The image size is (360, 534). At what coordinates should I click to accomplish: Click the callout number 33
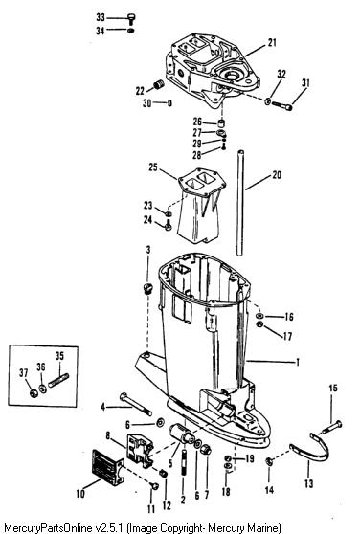[101, 17]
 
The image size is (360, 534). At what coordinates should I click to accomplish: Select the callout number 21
[272, 43]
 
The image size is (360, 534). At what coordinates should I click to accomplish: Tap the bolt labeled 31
[282, 105]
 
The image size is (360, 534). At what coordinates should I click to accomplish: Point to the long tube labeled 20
[240, 202]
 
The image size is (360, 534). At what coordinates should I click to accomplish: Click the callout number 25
[153, 167]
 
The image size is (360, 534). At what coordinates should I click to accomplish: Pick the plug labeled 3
[147, 288]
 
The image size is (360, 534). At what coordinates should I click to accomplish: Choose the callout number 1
[298, 362]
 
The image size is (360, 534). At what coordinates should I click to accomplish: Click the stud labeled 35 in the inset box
[58, 380]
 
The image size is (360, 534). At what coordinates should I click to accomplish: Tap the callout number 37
[24, 373]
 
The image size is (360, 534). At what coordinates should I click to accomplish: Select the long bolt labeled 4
[136, 404]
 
